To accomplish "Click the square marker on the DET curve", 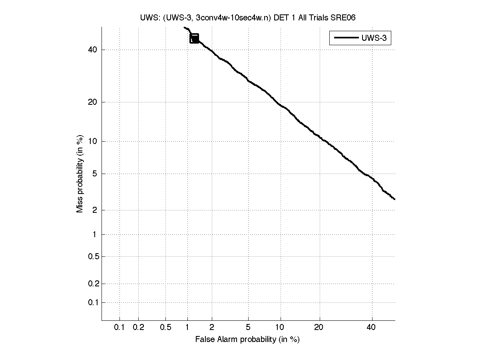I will coord(194,38).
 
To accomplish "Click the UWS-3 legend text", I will coord(374,38).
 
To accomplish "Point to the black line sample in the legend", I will coord(345,38).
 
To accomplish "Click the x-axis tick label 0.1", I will coord(120,328).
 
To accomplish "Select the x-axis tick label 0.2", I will coord(138,328).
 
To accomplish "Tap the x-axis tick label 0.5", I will coord(165,328).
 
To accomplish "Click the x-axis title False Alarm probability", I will coord(247,340).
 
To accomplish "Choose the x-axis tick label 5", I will coord(248,328).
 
